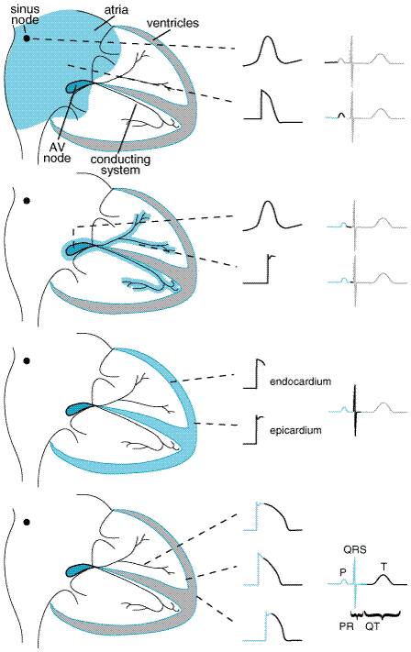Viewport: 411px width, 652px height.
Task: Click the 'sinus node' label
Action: click(25, 14)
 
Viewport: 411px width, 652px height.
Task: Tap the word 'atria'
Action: click(117, 9)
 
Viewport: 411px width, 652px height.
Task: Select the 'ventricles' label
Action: click(172, 23)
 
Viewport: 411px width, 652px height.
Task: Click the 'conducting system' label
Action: click(119, 165)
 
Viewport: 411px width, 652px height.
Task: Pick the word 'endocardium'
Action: click(300, 381)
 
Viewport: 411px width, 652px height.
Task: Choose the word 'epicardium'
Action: click(295, 430)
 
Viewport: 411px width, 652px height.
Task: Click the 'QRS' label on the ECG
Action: click(355, 549)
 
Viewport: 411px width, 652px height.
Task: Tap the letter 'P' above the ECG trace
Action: click(343, 572)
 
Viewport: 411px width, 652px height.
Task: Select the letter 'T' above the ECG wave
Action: click(383, 567)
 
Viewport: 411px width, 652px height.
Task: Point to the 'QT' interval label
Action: click(372, 625)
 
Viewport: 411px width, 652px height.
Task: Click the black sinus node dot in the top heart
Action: click(27, 39)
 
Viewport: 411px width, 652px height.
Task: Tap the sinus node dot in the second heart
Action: click(27, 201)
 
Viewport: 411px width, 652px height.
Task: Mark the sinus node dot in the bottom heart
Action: click(27, 522)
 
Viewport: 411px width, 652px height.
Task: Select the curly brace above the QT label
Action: click(382, 613)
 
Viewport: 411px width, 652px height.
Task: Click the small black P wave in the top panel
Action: click(341, 116)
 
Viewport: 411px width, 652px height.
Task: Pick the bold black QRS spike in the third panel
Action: click(355, 410)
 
